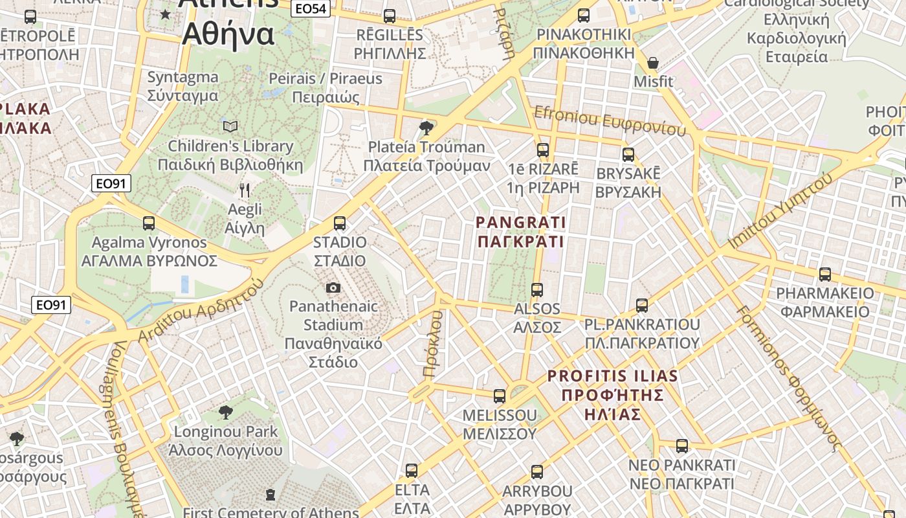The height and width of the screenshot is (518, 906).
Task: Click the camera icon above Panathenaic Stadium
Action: [333, 287]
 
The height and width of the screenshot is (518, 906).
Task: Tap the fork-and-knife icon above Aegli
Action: [245, 190]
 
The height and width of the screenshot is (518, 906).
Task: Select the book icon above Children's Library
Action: [230, 126]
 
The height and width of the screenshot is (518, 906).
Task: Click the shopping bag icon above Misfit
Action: [653, 63]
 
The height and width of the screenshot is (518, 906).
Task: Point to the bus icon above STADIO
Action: [340, 223]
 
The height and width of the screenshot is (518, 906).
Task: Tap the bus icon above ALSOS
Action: [537, 289]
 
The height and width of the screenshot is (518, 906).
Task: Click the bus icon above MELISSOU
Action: [500, 396]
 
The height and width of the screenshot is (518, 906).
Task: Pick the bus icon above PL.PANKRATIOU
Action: [642, 305]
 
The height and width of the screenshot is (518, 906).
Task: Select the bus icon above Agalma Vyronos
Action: [149, 223]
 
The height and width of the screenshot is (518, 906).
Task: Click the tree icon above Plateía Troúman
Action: [426, 128]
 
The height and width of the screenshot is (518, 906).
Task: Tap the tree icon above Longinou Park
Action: [225, 412]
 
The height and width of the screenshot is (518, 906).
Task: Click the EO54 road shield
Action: [311, 8]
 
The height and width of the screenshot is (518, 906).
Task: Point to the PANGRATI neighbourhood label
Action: [521, 232]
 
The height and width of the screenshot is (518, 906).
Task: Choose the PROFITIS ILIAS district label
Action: [612, 394]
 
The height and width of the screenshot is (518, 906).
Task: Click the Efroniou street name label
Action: [609, 120]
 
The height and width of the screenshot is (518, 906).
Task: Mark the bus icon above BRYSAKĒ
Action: [628, 155]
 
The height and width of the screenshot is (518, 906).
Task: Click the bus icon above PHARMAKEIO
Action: [825, 275]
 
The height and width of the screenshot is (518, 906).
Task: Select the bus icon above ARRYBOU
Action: [537, 472]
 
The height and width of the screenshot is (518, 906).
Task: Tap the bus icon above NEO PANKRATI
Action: [682, 445]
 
